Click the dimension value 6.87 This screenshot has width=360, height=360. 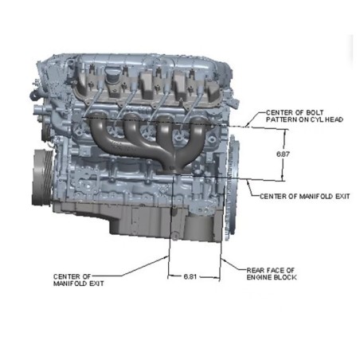283,154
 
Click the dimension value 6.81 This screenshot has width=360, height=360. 190,276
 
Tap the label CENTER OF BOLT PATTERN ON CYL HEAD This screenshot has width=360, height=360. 304,116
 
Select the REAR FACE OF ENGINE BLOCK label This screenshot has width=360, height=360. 272,274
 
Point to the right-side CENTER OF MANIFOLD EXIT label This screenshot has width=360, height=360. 305,197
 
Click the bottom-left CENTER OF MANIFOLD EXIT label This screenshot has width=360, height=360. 78,280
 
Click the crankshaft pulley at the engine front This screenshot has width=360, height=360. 42,177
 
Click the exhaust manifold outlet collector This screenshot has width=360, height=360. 174,169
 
